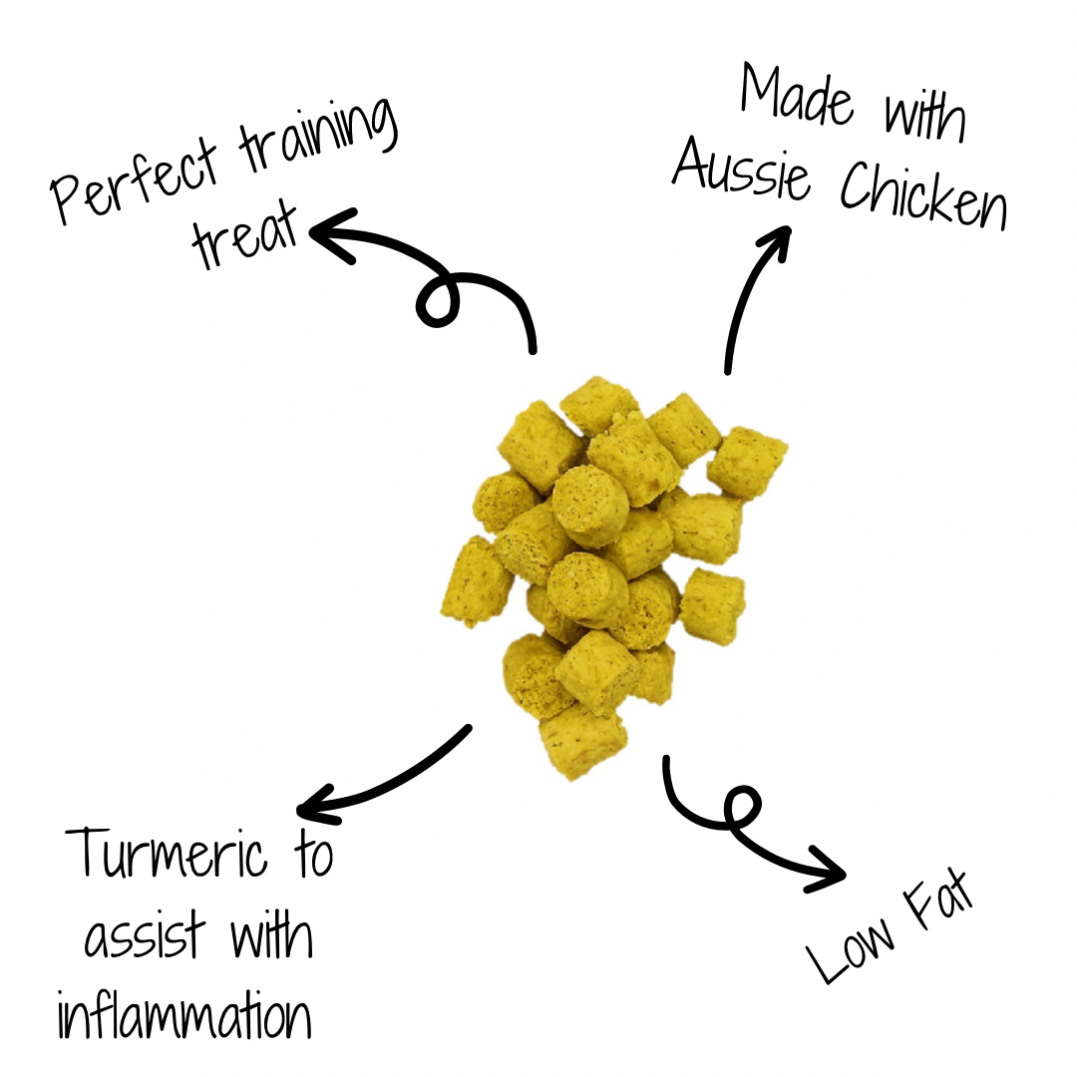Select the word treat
point(244,237)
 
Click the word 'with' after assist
point(271,937)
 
